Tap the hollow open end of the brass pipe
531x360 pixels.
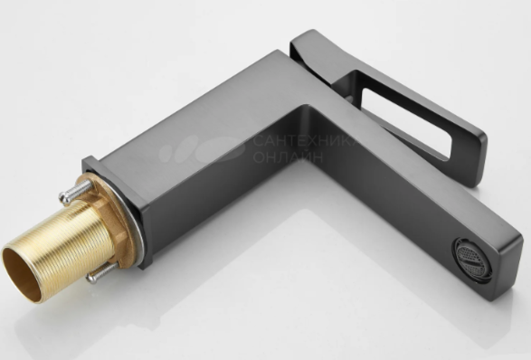coord(22,274)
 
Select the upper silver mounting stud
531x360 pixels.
coord(75,192)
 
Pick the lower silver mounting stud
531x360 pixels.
coord(101,273)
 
